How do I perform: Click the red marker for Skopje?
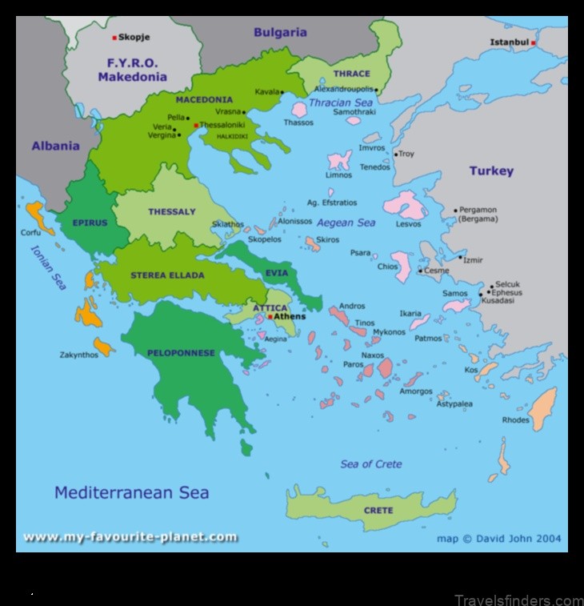[x=114, y=38]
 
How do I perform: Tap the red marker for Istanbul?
[x=534, y=42]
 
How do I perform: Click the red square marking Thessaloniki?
[x=196, y=126]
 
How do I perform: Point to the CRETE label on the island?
[x=378, y=510]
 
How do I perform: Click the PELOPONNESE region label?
[x=181, y=352]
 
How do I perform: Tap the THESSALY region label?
[x=171, y=212]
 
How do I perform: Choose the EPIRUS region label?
[x=89, y=223]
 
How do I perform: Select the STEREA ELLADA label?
[x=169, y=275]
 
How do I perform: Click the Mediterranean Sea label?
[x=132, y=492]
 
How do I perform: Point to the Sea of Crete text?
[x=371, y=464]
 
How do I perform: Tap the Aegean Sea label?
[x=346, y=223]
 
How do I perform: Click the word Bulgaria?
[x=280, y=33]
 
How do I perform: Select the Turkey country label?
[x=491, y=171]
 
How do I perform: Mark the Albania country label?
[x=55, y=146]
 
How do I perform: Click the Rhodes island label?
[x=515, y=420]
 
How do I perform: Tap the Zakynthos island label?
[x=78, y=355]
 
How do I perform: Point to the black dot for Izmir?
[x=460, y=258]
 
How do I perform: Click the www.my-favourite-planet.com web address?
[x=130, y=537]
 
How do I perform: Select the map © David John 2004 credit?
[x=498, y=538]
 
